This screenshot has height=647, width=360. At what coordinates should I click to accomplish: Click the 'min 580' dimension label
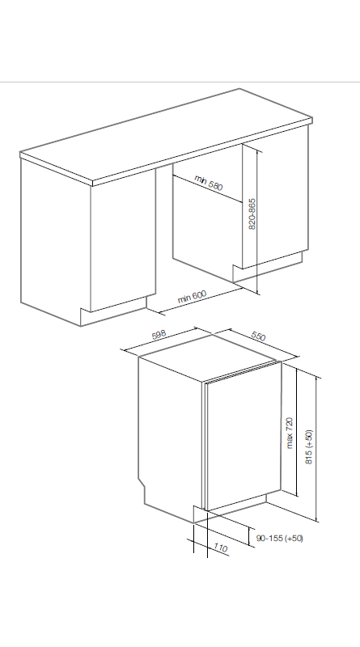click(x=209, y=183)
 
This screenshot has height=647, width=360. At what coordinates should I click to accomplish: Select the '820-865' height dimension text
click(x=252, y=214)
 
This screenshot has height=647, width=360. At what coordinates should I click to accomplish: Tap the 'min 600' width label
click(x=192, y=296)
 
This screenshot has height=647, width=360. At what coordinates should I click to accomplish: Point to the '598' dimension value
click(x=159, y=334)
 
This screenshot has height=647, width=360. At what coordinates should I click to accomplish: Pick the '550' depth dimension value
click(x=258, y=336)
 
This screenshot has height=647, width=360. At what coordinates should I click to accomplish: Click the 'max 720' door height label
click(x=290, y=433)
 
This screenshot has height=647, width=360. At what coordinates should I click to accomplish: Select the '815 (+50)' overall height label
click(x=309, y=447)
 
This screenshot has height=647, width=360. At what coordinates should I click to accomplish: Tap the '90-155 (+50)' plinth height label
click(x=279, y=538)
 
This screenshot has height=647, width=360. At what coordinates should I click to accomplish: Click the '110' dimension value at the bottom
click(x=221, y=548)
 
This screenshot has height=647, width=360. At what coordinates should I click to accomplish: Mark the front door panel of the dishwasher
click(x=244, y=437)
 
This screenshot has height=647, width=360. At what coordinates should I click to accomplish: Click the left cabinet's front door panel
click(x=123, y=240)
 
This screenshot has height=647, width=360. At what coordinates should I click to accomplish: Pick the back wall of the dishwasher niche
click(x=207, y=224)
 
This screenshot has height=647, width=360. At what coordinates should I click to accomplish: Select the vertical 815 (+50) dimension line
click(x=316, y=449)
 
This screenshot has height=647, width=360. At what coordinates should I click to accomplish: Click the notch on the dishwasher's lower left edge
click(x=142, y=484)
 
